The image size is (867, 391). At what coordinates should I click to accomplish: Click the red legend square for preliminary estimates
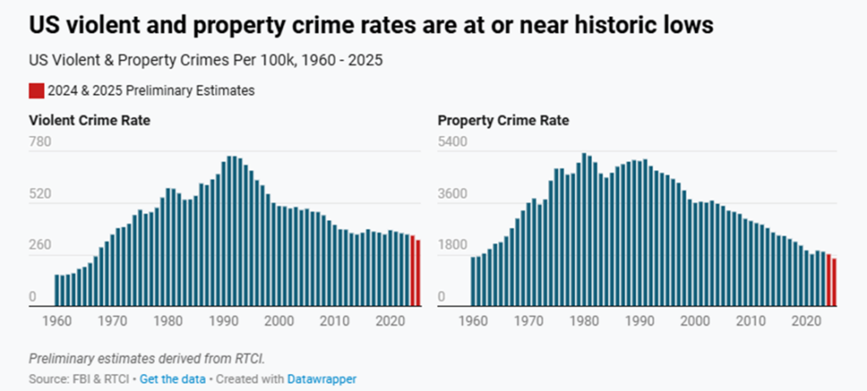click(36, 91)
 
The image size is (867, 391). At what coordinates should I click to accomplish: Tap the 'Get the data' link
click(172, 379)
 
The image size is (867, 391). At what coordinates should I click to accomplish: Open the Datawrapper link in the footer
click(322, 379)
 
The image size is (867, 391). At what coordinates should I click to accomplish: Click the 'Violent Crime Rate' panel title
click(90, 120)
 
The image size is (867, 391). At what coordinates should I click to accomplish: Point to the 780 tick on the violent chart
click(41, 141)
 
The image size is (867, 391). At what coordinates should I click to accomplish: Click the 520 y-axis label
click(41, 194)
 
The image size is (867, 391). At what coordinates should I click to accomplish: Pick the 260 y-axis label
click(41, 245)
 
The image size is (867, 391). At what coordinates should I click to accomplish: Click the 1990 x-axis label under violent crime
click(224, 322)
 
